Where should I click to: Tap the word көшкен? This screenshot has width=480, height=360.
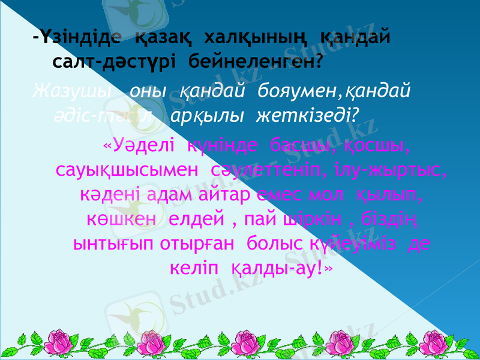[115, 219]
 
